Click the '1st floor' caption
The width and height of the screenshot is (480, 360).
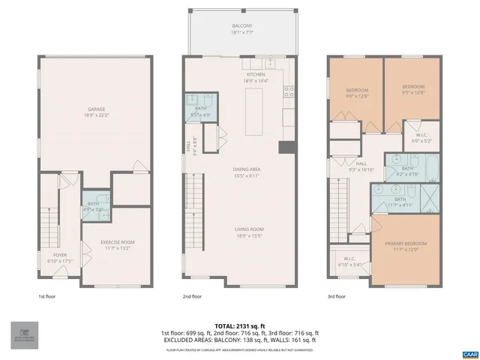click(46, 297)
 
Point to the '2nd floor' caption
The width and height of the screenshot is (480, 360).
click(192, 297)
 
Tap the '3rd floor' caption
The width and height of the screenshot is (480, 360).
click(337, 297)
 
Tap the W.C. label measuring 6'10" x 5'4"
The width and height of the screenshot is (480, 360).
click(349, 262)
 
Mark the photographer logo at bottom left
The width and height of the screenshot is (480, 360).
click(25, 334)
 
